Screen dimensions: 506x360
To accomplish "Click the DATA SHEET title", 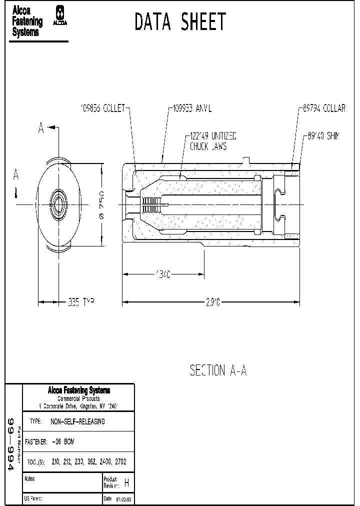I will (x=180, y=22).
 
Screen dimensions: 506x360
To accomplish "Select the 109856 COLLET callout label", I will (x=103, y=108).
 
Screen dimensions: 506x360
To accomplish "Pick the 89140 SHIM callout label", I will (x=324, y=136).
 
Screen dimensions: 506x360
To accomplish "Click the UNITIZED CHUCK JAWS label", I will (x=212, y=141).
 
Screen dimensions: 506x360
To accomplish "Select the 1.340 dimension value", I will (x=163, y=274).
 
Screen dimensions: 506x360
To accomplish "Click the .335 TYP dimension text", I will (x=80, y=302).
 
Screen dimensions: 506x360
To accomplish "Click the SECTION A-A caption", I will (x=218, y=370).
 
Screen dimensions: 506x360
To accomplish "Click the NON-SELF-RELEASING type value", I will (x=78, y=421).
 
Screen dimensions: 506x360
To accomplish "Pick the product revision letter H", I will (x=126, y=483).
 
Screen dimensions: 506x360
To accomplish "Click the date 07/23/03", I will (x=124, y=499).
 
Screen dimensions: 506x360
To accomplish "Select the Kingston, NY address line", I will (x=78, y=405).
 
